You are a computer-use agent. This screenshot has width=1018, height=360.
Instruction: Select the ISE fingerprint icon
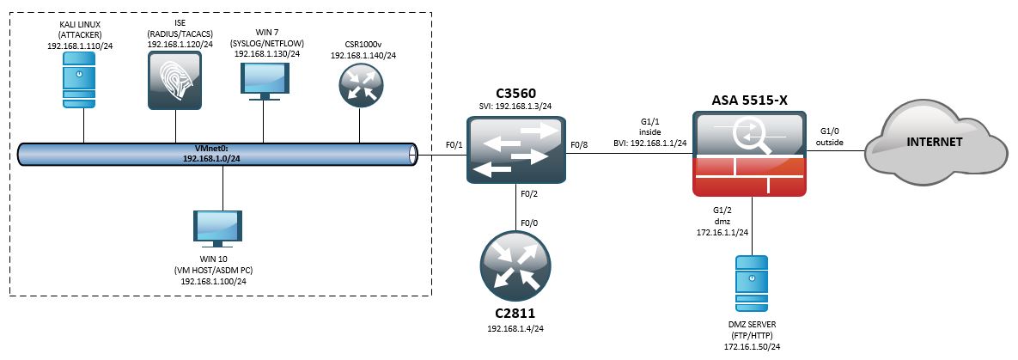tap(174, 80)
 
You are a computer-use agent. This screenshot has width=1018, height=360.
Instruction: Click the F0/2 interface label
tap(530, 195)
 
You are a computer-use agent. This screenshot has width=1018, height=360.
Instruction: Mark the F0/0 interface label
tap(530, 226)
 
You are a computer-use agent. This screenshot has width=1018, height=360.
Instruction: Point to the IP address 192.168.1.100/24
tap(217, 281)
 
